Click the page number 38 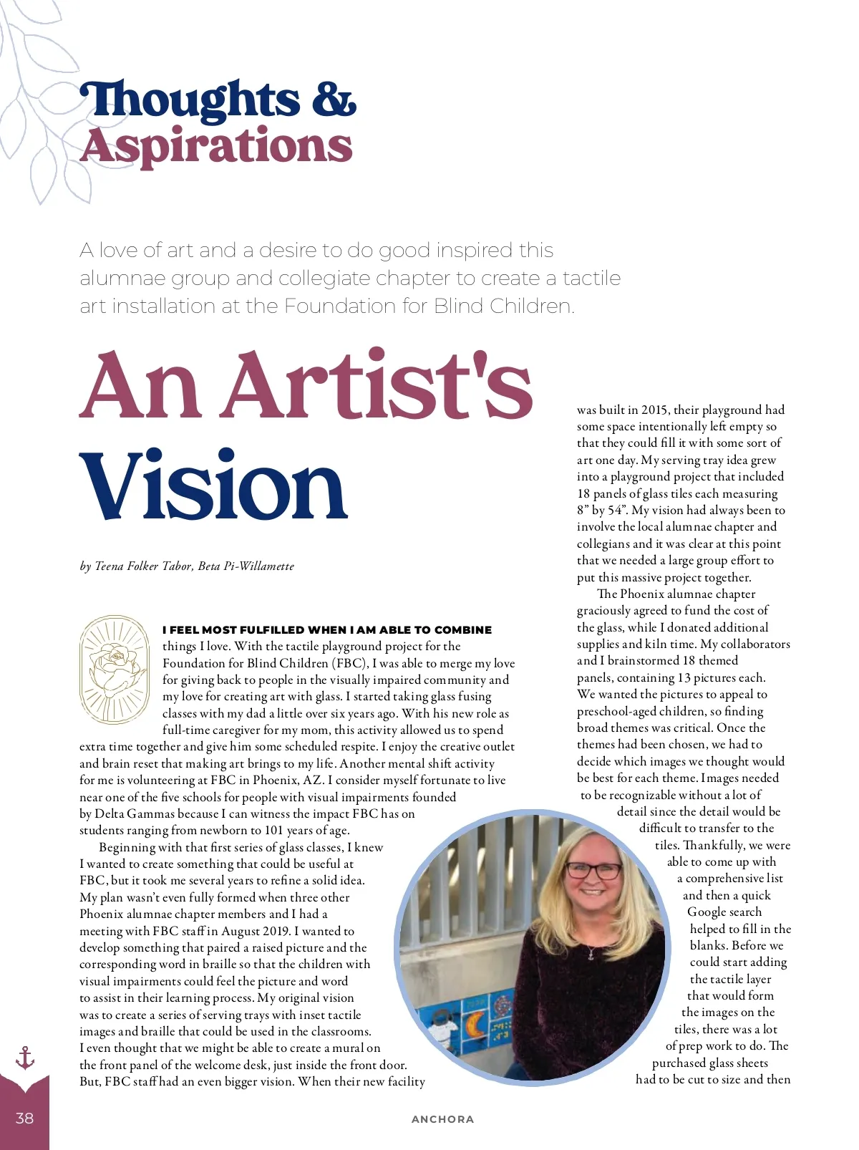pos(24,1118)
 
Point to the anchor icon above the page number pos(25,1058)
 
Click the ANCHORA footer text pos(442,1119)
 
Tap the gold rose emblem pos(115,669)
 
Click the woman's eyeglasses pos(593,871)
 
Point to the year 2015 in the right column pos(654,410)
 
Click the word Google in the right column pos(724,912)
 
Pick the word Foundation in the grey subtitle pos(339,306)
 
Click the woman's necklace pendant pos(591,955)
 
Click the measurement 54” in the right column pos(615,511)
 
